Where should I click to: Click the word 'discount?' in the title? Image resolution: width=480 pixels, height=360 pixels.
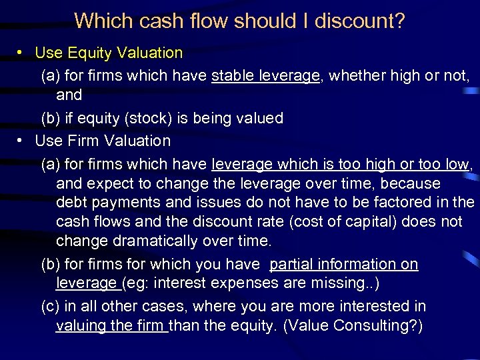tap(359, 21)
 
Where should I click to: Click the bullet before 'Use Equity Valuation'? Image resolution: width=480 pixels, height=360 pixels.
tap(22, 53)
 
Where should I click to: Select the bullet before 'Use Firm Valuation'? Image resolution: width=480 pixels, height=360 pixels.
tap(22, 141)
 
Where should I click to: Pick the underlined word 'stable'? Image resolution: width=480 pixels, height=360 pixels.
tap(231, 76)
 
